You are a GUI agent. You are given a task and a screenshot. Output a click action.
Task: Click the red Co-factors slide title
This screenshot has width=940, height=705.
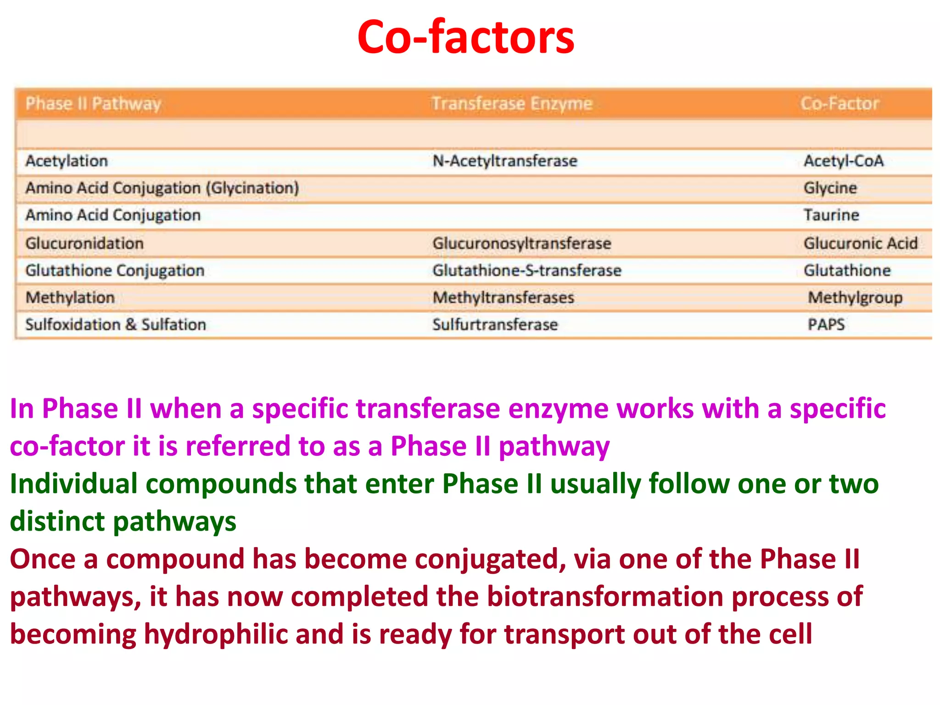(x=465, y=38)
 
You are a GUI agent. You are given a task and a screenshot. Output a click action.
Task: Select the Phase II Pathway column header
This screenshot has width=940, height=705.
(x=93, y=104)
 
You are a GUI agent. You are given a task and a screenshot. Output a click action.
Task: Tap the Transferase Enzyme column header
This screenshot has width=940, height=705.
(x=511, y=104)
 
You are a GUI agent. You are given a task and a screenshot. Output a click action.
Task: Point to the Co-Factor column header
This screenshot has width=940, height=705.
(x=839, y=104)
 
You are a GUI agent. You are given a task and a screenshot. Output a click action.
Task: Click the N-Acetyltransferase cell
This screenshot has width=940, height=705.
(x=504, y=161)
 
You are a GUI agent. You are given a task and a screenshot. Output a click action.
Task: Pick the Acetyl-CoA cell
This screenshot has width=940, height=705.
(x=843, y=161)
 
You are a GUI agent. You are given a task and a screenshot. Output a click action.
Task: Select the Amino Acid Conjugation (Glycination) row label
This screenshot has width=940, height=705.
(x=162, y=188)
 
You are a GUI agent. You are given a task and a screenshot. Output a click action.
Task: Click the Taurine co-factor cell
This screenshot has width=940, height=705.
(x=831, y=215)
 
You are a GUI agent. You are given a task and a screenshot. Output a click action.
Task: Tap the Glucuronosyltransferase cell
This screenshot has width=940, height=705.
(x=521, y=243)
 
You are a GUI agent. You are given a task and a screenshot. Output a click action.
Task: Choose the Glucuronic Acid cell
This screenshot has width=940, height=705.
(x=860, y=243)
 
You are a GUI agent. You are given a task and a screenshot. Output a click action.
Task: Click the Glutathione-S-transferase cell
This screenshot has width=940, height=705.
(x=526, y=270)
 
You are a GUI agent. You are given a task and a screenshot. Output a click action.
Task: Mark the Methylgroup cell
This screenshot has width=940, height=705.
(x=855, y=298)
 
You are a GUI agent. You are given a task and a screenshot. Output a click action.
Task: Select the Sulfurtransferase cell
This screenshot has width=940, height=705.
(x=495, y=325)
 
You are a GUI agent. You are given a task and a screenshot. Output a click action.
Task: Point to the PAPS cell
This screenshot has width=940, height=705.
(x=826, y=325)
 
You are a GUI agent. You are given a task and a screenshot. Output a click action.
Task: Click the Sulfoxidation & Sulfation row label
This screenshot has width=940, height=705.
(x=116, y=325)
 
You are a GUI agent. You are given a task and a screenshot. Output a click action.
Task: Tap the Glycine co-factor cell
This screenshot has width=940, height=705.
(x=830, y=188)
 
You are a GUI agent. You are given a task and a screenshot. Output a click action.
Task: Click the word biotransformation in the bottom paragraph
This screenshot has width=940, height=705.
(x=604, y=597)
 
